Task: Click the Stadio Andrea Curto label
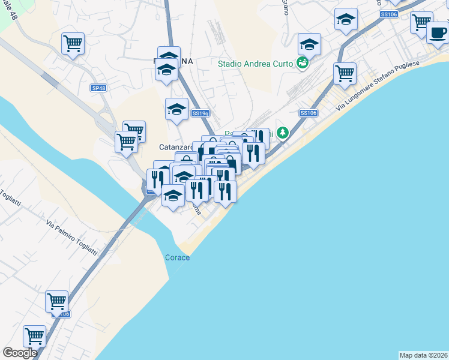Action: pos(255,64)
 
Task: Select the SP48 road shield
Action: pos(98,88)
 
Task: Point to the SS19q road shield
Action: pos(200,113)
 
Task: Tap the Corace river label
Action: pos(177,257)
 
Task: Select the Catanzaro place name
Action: pos(175,146)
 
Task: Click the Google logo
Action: pos(20,353)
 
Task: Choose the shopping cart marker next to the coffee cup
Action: pos(421,23)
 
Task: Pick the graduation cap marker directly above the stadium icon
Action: pos(309,44)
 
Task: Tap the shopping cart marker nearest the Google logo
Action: pos(34,336)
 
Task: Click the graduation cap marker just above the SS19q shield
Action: pos(176,109)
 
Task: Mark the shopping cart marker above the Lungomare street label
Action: pos(345,74)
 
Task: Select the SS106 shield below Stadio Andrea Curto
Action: pos(307,113)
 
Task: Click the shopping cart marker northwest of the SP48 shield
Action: pos(73,43)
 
